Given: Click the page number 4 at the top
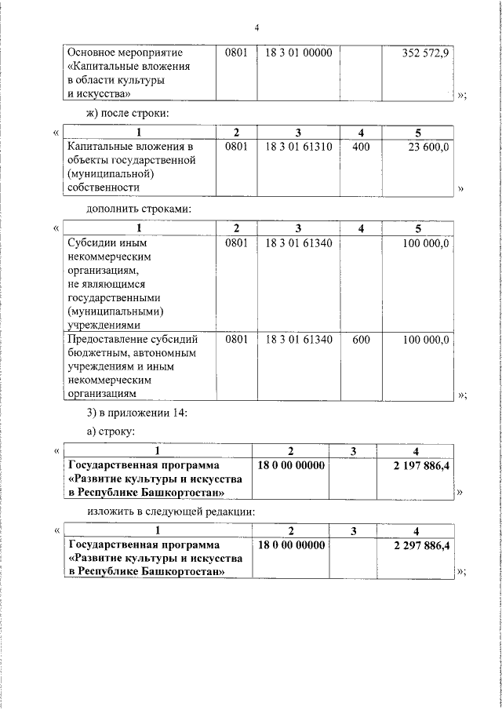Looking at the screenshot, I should [256, 28].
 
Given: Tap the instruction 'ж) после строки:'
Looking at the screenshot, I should [128, 115].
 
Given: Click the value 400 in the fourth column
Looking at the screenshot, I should [361, 147].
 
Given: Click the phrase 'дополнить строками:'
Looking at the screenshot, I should [138, 209].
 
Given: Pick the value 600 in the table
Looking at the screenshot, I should [361, 340].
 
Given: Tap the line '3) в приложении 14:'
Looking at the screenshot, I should [136, 413].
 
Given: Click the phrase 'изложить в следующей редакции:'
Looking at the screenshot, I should [171, 512].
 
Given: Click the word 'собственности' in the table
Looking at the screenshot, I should [104, 188].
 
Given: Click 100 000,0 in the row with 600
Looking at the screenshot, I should [426, 340].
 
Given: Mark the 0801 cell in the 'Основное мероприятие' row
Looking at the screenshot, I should [235, 53].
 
